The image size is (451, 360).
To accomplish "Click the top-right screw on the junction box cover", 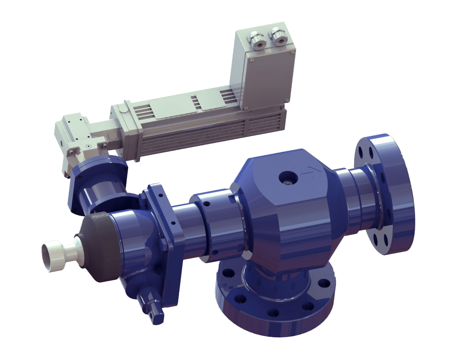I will point(293,52).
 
